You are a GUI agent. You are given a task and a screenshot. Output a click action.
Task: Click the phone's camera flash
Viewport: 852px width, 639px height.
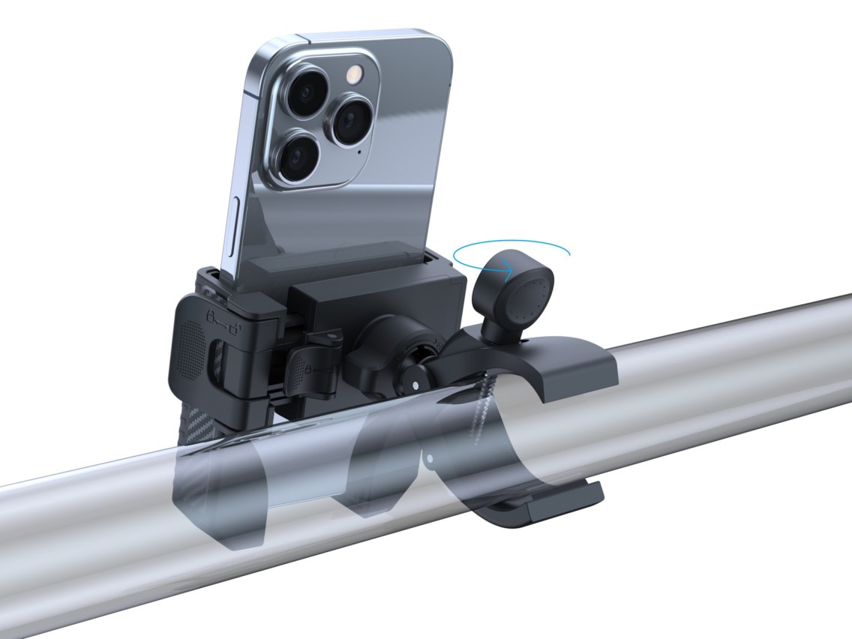click(x=353, y=73)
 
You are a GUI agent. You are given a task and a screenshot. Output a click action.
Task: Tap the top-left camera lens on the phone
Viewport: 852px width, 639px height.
click(x=307, y=94)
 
